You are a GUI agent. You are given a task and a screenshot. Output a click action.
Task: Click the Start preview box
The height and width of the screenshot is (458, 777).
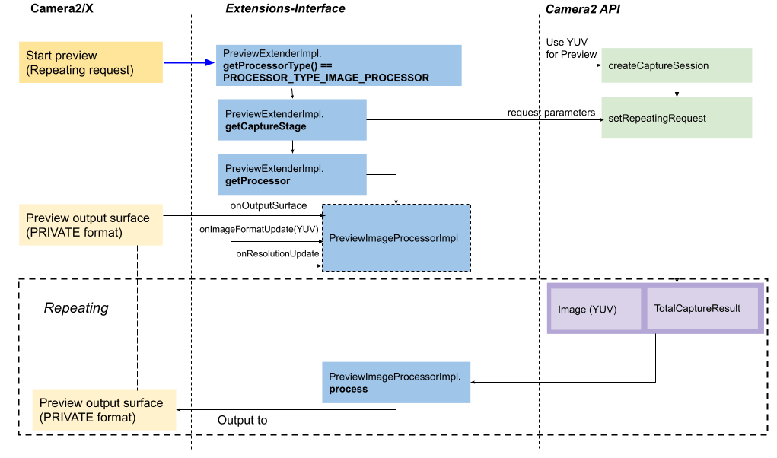click(91, 62)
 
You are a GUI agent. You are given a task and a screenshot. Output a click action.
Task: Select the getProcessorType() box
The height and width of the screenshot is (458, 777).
click(339, 65)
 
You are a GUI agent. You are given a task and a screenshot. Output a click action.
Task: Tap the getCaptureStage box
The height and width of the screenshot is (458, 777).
click(292, 119)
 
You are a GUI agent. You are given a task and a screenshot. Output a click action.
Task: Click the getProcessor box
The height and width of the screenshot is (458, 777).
click(292, 174)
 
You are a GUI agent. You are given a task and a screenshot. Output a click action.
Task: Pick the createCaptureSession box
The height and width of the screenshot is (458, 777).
click(676, 66)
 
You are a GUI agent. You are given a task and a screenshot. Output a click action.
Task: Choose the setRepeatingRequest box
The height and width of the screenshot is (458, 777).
click(676, 118)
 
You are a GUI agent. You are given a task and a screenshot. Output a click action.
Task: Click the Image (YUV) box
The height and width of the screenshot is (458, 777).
click(595, 309)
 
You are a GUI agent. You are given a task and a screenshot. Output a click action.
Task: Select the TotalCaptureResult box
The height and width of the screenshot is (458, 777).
click(702, 308)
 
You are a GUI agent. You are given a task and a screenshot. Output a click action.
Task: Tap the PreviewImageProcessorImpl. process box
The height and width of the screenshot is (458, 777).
click(396, 382)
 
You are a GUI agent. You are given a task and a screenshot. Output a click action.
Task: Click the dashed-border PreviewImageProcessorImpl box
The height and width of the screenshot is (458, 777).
click(396, 238)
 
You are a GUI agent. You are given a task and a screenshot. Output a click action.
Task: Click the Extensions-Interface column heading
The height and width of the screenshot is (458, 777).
click(285, 9)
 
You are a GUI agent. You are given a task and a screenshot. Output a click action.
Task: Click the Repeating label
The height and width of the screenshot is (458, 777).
click(76, 308)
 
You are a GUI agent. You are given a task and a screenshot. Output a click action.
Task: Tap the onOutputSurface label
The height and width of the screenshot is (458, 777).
click(268, 205)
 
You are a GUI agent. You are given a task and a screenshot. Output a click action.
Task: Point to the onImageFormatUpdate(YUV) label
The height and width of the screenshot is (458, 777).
click(259, 229)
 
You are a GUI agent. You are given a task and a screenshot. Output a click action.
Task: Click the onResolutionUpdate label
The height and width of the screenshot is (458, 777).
click(277, 253)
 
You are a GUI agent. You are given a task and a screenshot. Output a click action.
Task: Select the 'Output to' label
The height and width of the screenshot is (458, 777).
click(242, 421)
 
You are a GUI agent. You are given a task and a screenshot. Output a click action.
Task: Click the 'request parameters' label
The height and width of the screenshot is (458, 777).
click(551, 113)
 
